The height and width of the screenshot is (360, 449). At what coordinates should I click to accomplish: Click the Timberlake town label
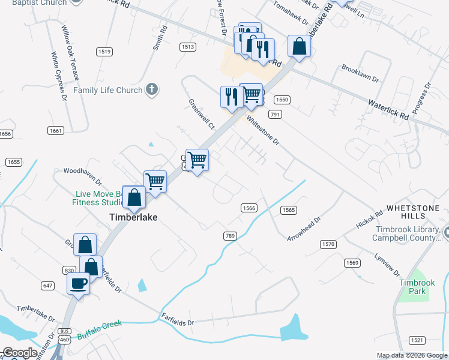[133, 217]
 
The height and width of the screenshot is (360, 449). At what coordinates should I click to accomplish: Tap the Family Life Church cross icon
[152, 90]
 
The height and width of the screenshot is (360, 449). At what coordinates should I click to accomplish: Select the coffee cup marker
[79, 283]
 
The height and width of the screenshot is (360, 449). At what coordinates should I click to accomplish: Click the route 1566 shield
[250, 208]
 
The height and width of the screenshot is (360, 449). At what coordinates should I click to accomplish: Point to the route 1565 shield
[288, 210]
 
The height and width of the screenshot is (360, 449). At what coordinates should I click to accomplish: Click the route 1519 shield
[104, 52]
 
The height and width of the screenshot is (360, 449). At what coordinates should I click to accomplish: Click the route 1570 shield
[328, 244]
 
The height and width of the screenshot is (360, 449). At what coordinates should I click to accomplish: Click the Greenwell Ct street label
[201, 114]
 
